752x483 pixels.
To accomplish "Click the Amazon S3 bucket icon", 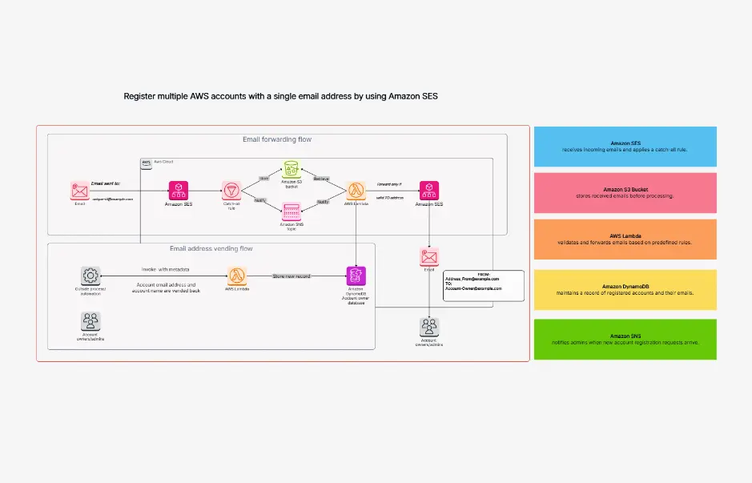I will (292, 169).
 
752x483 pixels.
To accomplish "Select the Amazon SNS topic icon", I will (292, 211).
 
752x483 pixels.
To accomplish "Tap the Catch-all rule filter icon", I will (232, 191).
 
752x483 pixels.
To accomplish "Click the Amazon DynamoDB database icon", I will (356, 276).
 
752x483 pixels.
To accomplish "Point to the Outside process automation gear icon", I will (90, 276).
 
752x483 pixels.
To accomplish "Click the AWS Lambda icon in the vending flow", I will (237, 276).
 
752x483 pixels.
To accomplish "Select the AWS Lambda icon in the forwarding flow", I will (356, 191).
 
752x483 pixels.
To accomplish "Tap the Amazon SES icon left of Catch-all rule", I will (178, 191).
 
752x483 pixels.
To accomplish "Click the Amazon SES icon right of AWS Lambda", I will (429, 191).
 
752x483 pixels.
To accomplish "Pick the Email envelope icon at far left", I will (78, 191).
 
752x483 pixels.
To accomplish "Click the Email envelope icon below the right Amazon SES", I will (429, 256).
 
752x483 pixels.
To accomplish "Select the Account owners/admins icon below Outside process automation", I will (90, 322).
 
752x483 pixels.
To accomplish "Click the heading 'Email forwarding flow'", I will (277, 139).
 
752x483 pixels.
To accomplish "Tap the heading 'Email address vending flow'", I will (211, 248).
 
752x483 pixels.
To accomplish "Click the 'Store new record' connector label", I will (292, 276).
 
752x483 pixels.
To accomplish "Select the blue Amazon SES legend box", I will (625, 146).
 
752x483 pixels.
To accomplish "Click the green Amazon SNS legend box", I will (625, 339).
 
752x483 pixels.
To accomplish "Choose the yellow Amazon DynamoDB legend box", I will (625, 289).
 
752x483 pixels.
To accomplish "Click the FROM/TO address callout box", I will (483, 286).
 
